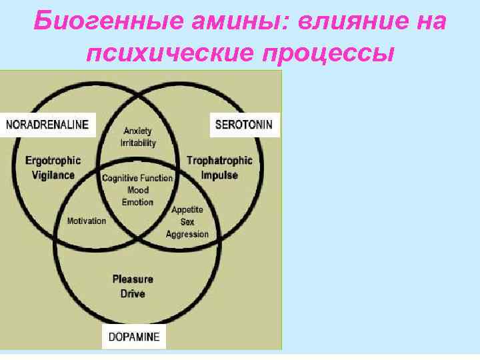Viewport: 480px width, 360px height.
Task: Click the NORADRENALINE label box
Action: pos(49,125)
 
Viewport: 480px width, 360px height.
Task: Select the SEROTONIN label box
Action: pos(245,125)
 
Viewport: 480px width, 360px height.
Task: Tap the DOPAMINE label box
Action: pos(134,337)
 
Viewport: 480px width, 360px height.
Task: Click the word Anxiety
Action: pos(138,131)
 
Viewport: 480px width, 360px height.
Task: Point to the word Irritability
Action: pos(138,143)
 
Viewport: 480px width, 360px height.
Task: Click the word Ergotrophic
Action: pos(53,160)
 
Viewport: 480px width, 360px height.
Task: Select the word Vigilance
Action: pos(53,175)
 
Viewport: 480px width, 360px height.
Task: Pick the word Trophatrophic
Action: pos(219,160)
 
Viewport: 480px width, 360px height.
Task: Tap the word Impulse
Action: pos(219,175)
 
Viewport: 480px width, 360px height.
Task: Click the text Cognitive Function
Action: pos(137,178)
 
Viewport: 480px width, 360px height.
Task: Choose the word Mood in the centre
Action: pos(138,190)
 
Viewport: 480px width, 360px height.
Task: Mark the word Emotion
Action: pos(138,202)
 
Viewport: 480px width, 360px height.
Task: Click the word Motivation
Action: pos(87,221)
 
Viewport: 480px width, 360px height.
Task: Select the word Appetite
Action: pos(187,210)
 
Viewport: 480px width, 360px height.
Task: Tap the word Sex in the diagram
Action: pos(187,222)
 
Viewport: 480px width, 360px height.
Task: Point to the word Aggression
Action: pos(187,234)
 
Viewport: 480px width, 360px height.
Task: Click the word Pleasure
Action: pos(132,279)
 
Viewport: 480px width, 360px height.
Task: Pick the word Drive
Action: pos(133,293)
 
